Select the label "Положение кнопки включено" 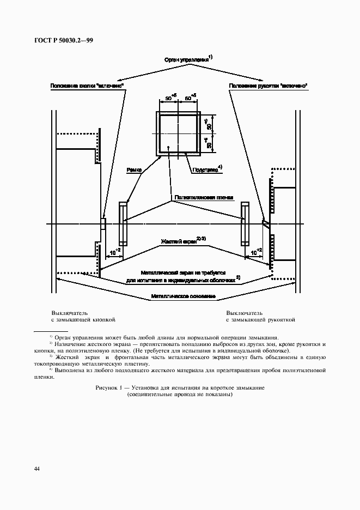(87, 86)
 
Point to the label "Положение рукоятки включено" (269, 86)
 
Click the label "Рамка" (134, 170)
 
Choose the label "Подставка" (205, 169)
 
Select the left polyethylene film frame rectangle (123, 223)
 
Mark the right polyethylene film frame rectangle (245, 223)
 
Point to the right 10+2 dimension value (256, 252)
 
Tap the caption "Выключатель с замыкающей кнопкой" (83, 317)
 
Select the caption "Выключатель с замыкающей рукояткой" (260, 317)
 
